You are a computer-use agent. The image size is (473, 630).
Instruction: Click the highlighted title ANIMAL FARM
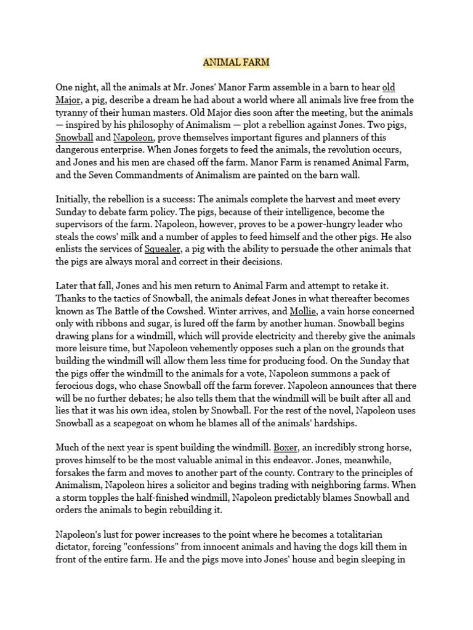[x=236, y=62]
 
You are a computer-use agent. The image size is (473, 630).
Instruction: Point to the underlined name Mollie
[x=305, y=311]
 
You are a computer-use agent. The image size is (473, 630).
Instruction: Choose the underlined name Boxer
[x=287, y=447]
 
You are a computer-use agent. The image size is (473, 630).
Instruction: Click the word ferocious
[x=77, y=385]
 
